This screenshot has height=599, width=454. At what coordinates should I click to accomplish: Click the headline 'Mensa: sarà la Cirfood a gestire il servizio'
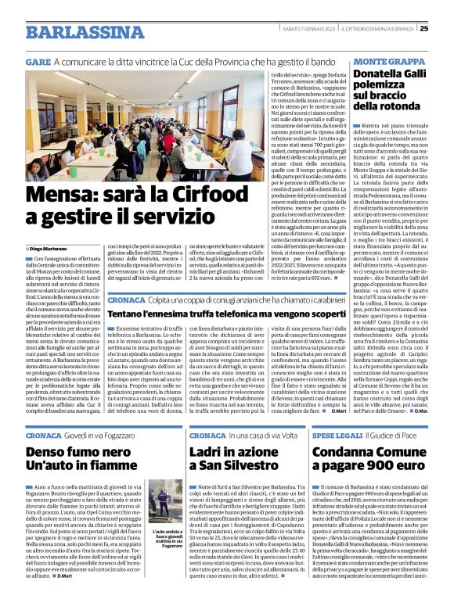pos(110,202)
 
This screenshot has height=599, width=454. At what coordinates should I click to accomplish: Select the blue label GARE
pos(38,61)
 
